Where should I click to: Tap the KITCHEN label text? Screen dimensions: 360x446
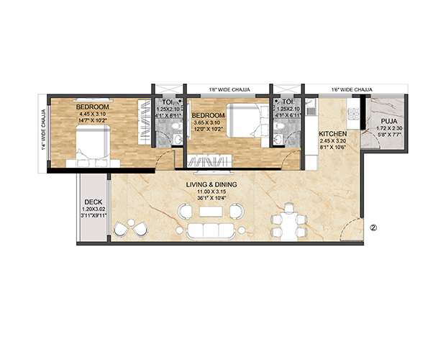(333, 134)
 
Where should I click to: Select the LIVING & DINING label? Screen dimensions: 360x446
(211, 185)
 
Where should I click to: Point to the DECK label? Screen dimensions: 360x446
(92, 202)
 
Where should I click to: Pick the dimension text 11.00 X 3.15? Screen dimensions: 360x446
(211, 192)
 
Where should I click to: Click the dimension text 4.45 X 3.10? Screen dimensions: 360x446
(92, 113)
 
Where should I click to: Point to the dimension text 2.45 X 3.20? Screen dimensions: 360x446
(333, 141)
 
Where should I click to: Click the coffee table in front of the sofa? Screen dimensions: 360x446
(209, 212)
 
